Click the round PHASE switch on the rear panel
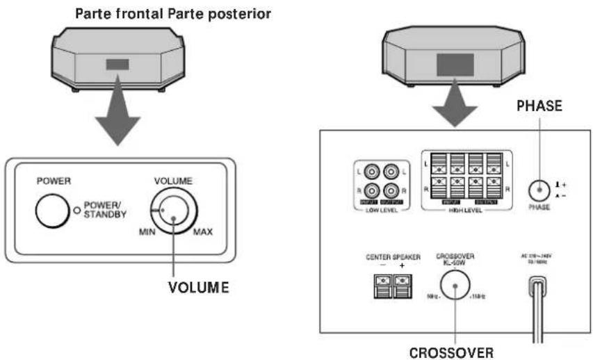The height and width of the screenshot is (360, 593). pos(538,190)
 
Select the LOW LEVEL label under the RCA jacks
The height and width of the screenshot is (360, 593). pos(382,209)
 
